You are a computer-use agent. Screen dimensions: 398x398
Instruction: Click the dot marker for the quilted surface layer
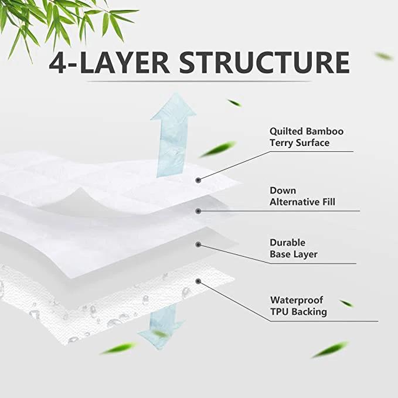pyautogui.click(x=199, y=179)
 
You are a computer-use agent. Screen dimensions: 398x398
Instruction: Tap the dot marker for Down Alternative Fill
pyautogui.click(x=199, y=210)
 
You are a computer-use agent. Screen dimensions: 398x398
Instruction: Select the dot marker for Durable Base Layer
pyautogui.click(x=199, y=244)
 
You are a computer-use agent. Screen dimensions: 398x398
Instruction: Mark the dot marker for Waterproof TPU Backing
pyautogui.click(x=199, y=281)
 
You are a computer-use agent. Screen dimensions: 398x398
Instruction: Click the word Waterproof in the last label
pyautogui.click(x=297, y=300)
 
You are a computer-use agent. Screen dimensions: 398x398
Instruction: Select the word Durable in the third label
pyautogui.click(x=287, y=243)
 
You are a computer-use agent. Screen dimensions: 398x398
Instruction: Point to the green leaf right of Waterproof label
pyautogui.click(x=346, y=303)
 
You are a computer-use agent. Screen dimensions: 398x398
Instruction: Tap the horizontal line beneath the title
pyautogui.click(x=199, y=81)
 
